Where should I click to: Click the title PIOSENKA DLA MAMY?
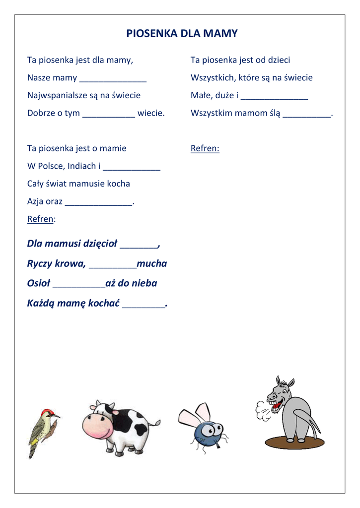[x=182, y=34]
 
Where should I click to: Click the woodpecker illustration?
[x=43, y=432]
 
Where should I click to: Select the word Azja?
[x=35, y=201]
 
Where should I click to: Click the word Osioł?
[x=38, y=283]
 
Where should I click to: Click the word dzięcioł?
[x=100, y=244]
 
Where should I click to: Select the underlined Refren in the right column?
[x=205, y=148]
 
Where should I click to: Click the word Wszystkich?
[x=212, y=78]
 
